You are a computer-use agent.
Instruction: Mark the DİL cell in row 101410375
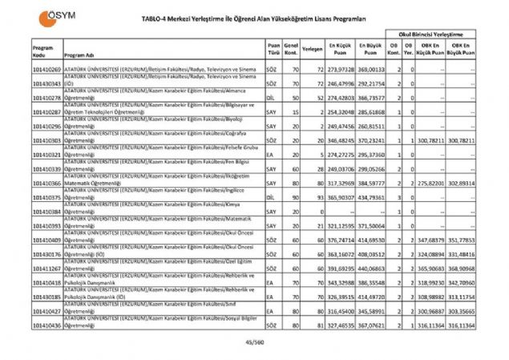[x=271, y=197]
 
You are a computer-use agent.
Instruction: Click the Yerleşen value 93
[x=319, y=197]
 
